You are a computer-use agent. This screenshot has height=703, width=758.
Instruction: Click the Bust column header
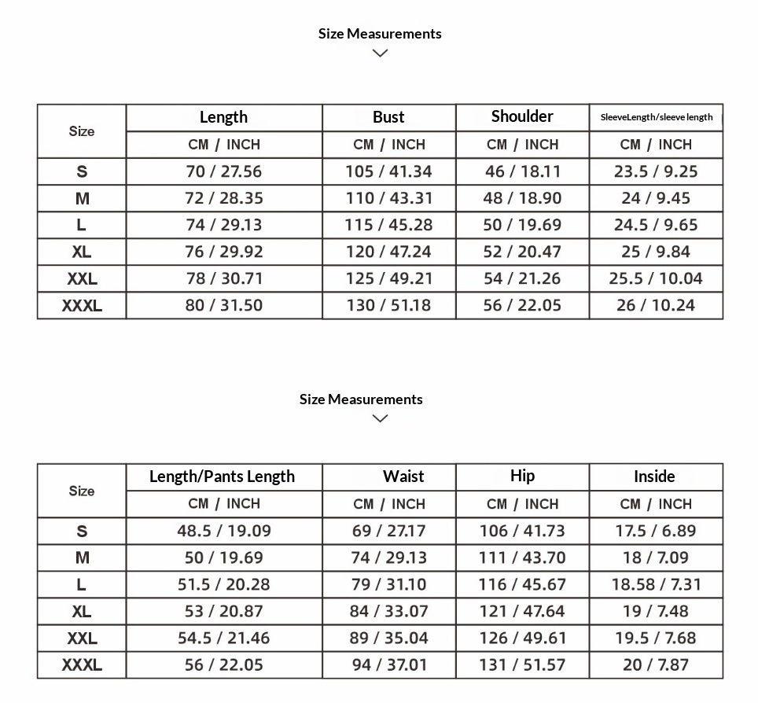click(388, 117)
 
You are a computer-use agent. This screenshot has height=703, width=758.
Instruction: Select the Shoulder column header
click(522, 116)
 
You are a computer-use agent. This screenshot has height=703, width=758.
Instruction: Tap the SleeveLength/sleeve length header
click(656, 117)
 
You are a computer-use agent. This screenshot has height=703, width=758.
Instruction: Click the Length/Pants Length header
click(223, 477)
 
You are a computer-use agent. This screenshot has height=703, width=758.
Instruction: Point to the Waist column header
click(403, 477)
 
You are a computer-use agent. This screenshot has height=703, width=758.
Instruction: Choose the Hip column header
click(522, 476)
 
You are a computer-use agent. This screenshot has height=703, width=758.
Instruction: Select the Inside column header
click(654, 477)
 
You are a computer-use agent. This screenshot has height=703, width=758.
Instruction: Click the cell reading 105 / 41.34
click(388, 171)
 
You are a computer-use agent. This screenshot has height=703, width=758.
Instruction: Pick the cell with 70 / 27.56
click(223, 171)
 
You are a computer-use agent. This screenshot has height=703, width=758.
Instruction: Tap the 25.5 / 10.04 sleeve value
click(656, 278)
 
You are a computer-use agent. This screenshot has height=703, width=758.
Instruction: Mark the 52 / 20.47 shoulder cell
click(522, 252)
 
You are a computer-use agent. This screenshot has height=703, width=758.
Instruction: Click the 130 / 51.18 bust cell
click(388, 305)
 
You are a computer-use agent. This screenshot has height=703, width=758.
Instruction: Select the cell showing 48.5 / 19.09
click(223, 531)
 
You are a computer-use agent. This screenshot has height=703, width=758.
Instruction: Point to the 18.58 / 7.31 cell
click(656, 584)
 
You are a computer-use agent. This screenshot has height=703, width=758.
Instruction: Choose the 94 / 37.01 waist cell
click(389, 665)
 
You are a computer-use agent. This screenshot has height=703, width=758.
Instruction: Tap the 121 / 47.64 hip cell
click(522, 611)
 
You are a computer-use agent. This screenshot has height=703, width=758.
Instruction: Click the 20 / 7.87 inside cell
click(656, 665)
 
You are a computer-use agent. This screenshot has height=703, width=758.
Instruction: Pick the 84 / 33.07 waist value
click(389, 611)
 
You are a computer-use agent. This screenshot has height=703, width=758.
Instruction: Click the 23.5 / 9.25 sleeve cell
click(656, 171)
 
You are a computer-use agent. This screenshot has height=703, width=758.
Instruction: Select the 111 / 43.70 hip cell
click(522, 558)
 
